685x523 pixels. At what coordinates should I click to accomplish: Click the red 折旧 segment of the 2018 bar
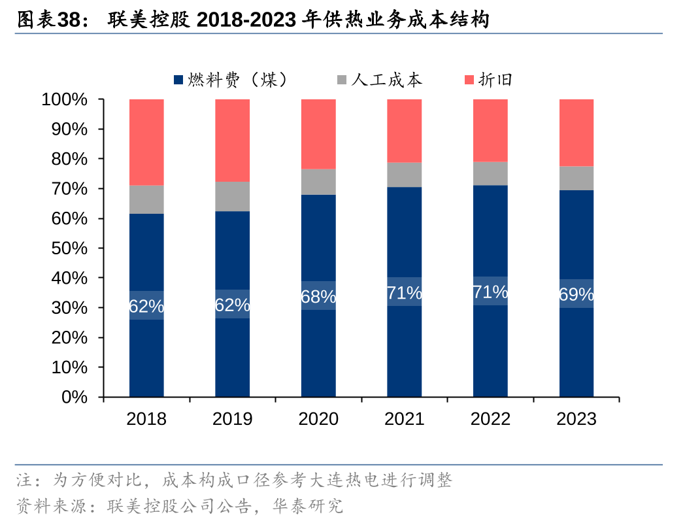click(x=146, y=142)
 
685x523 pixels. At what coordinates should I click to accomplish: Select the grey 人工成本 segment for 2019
click(x=233, y=196)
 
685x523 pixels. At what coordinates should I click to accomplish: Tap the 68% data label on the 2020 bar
click(x=318, y=296)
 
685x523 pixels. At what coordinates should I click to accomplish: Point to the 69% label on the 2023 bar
click(x=576, y=294)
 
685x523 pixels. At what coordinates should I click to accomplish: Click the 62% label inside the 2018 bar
click(x=146, y=305)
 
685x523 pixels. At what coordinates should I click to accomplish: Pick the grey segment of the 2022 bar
click(x=490, y=173)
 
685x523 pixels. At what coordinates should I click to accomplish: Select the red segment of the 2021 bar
click(x=405, y=131)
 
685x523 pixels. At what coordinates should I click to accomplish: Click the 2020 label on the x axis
click(x=318, y=419)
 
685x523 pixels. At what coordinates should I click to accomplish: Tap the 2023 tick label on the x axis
click(x=576, y=419)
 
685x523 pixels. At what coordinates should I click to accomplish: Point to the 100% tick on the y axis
click(x=64, y=99)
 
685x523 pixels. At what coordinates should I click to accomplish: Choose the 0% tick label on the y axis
click(x=75, y=397)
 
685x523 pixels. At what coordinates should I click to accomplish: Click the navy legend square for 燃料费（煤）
click(x=178, y=80)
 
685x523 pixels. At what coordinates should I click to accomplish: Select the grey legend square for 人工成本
click(x=341, y=80)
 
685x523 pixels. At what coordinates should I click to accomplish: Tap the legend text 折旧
click(x=495, y=80)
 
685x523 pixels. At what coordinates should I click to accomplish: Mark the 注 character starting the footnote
click(x=24, y=482)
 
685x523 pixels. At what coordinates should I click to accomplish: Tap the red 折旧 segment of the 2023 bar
click(x=576, y=133)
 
